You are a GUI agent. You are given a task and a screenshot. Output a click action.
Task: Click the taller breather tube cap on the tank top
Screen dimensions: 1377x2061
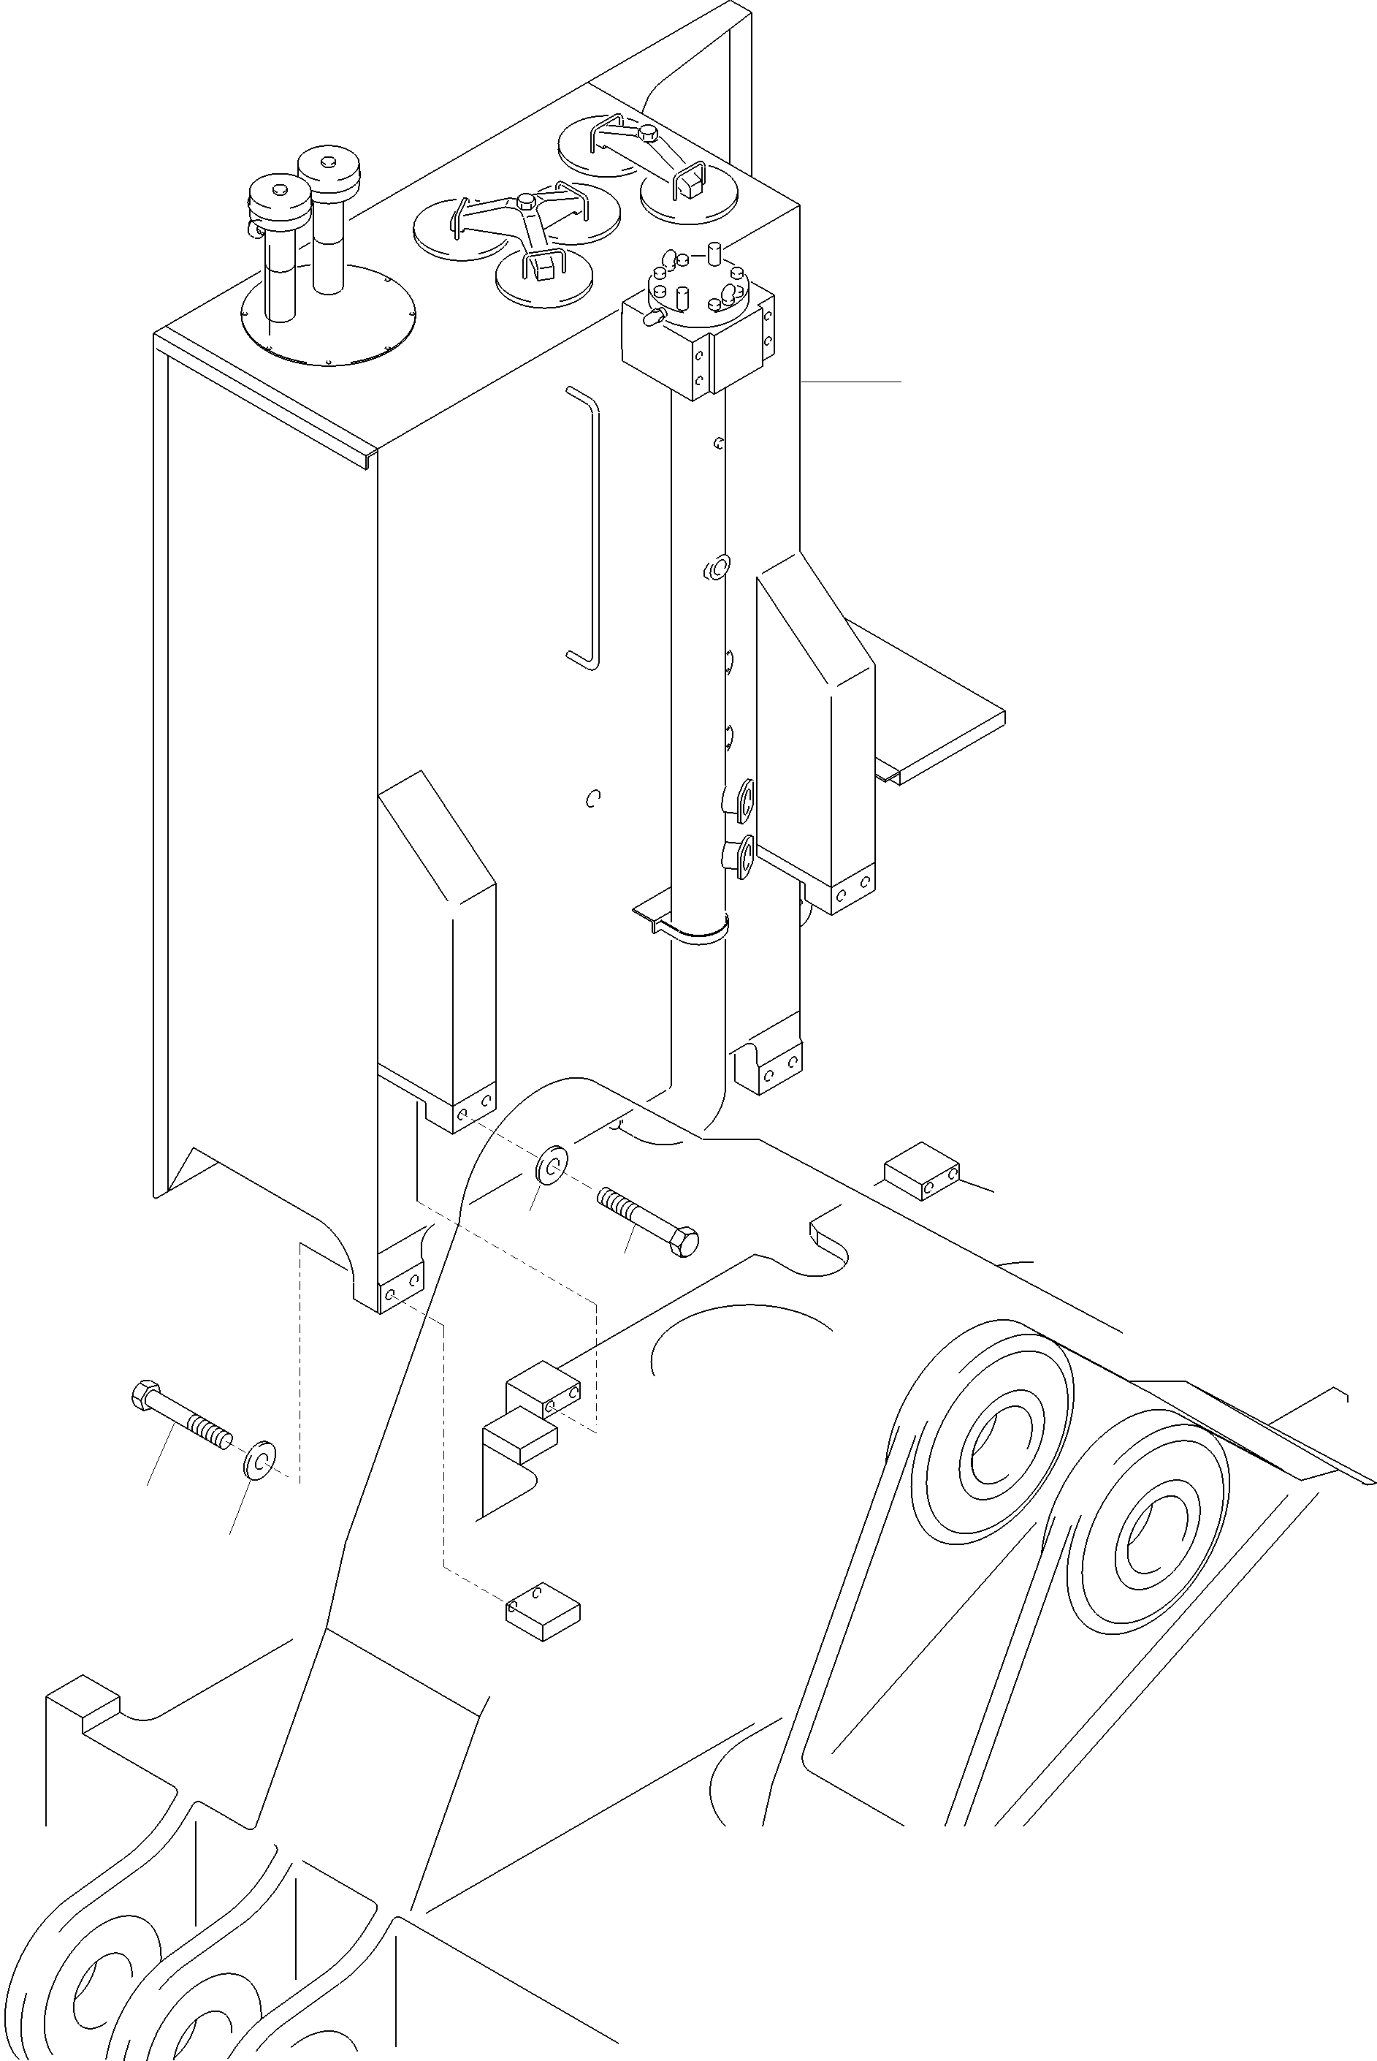pyautogui.click(x=329, y=165)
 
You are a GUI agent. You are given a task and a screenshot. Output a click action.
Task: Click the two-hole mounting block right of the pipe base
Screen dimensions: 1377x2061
pyautogui.click(x=921, y=1171)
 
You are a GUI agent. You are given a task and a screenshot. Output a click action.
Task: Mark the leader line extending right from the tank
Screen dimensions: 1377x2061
pyautogui.click(x=852, y=382)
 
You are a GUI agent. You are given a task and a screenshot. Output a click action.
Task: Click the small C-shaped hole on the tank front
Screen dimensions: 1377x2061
pyautogui.click(x=594, y=797)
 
